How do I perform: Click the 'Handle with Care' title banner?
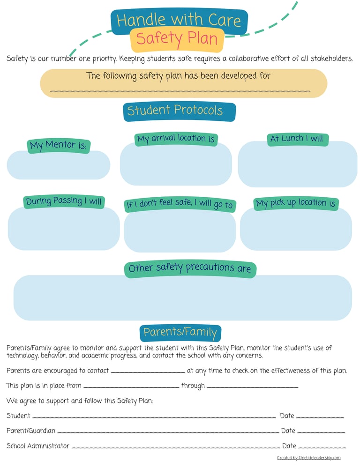179,21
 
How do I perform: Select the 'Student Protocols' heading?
179,111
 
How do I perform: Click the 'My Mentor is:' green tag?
58,146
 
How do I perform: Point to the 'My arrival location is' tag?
176,139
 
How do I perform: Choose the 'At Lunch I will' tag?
297,139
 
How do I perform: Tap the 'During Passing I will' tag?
64,201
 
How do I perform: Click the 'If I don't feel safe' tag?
179,205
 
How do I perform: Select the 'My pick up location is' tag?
296,203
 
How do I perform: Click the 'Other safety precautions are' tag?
190,268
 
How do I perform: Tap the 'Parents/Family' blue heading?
180,333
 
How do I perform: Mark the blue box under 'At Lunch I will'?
297,165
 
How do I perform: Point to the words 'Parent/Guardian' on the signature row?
31,431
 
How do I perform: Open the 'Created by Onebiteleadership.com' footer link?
308,458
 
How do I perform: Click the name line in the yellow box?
180,90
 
